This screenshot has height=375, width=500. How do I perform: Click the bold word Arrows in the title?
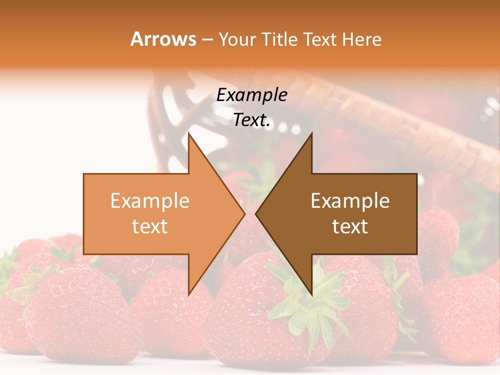click(164, 39)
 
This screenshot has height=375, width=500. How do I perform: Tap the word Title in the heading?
click(280, 39)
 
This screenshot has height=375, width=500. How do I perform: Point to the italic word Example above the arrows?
click(252, 95)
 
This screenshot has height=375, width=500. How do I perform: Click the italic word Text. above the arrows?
click(252, 120)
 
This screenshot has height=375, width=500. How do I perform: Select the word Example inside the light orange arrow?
click(150, 201)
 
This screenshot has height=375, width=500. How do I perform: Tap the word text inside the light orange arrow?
click(150, 226)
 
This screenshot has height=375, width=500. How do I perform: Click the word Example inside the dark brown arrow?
click(350, 201)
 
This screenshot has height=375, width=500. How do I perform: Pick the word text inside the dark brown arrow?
click(350, 226)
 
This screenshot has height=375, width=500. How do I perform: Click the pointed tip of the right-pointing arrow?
click(245, 214)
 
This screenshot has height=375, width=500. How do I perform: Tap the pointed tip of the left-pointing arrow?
click(256, 214)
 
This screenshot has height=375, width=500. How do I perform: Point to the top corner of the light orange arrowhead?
click(189, 134)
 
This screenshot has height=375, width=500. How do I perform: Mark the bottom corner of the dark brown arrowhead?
click(311, 294)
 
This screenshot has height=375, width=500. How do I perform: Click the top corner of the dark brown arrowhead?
click(311, 134)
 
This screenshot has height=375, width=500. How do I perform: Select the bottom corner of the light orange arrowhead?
click(189, 294)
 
